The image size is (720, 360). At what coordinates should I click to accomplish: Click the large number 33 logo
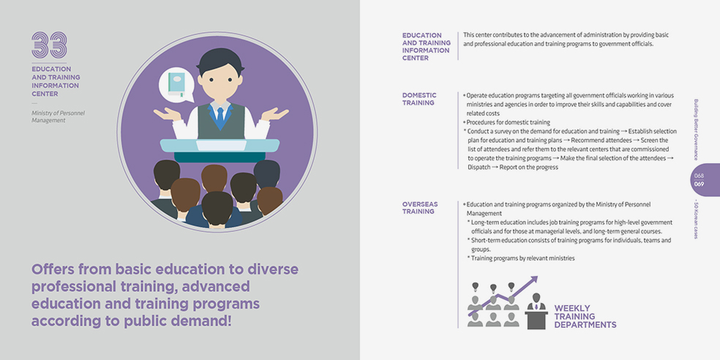[x=49, y=45]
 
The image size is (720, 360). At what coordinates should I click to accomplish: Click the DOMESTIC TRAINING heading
[x=419, y=99]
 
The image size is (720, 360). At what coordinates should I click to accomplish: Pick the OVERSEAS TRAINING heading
[x=420, y=208]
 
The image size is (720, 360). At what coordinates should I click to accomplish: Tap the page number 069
[x=699, y=184]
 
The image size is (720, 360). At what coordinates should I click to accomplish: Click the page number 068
[x=699, y=176]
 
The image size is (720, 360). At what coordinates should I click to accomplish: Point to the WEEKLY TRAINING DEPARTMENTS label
[x=585, y=316]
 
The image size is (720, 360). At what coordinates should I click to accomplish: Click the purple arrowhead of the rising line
[x=533, y=280]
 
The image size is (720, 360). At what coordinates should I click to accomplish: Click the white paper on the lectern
[x=220, y=145]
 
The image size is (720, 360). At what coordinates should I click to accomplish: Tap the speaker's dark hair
[x=221, y=61]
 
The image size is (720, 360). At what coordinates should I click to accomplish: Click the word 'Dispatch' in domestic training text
[x=479, y=168]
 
